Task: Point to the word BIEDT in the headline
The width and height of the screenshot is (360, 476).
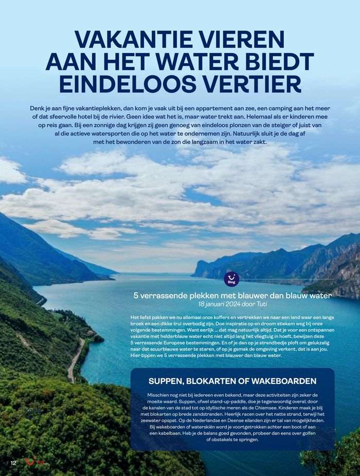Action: tap(276, 62)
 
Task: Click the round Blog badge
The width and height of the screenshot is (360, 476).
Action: tap(232, 279)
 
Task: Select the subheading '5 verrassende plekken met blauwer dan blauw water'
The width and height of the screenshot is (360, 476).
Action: tap(232, 296)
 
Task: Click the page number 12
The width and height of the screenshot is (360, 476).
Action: tap(13, 463)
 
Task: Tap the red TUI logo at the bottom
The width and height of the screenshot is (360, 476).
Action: tap(33, 462)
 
